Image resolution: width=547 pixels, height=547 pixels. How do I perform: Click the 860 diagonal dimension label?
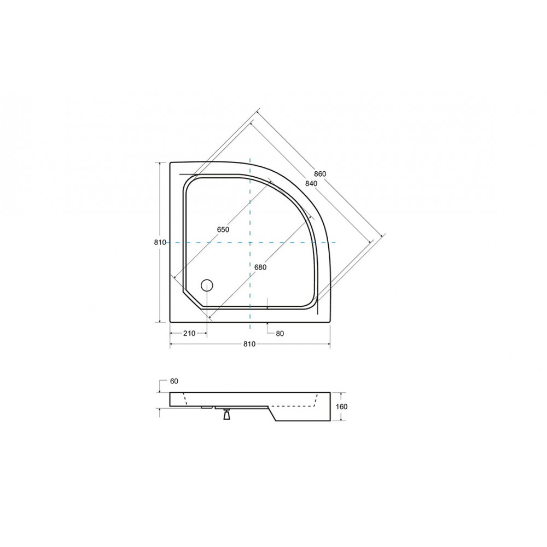click(x=319, y=174)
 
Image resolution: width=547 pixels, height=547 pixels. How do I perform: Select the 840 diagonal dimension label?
click(x=311, y=183)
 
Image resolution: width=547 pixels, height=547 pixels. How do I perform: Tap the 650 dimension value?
click(x=223, y=229)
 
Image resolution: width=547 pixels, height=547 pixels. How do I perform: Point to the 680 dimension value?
click(x=260, y=267)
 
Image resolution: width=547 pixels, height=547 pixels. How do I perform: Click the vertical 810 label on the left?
click(x=160, y=242)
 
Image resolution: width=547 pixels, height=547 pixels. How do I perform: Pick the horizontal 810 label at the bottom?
click(x=249, y=344)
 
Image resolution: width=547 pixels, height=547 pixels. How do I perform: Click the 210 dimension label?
click(x=189, y=334)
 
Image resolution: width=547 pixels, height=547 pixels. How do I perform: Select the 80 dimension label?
click(x=280, y=334)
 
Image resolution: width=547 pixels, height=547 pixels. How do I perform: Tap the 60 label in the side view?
click(x=174, y=381)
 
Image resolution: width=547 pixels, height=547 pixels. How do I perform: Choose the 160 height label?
click(x=342, y=407)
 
